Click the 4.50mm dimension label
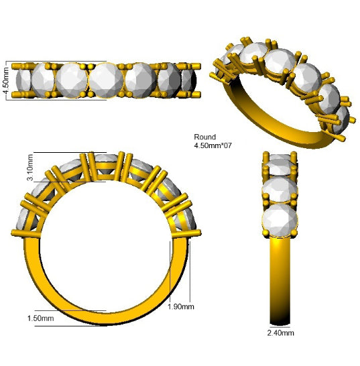click(7, 80)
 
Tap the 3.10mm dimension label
click(30, 168)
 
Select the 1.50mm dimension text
click(41, 318)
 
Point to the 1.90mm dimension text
click(181, 306)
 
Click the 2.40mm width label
click(281, 332)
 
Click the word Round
click(204, 137)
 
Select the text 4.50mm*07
click(213, 145)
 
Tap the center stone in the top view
click(106, 80)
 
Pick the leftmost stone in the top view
click(23, 80)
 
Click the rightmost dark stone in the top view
click(189, 80)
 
